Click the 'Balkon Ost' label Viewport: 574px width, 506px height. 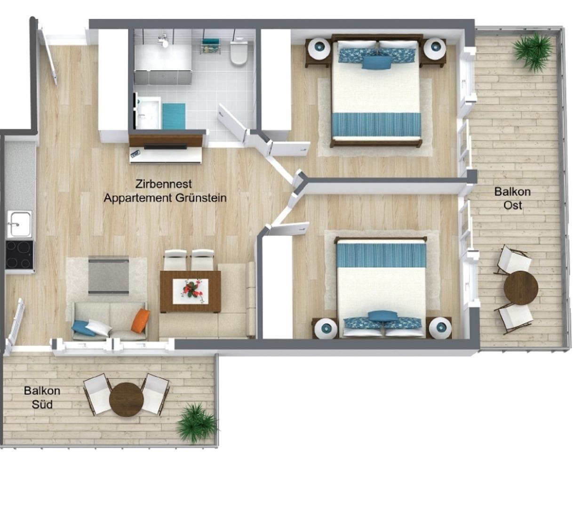pos(512,198)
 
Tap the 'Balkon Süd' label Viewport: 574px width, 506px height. pos(42,397)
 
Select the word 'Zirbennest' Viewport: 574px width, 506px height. pos(163,184)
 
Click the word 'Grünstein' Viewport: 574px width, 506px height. pos(201,198)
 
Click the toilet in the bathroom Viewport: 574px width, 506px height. pos(239,52)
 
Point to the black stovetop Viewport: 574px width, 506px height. pos(19,255)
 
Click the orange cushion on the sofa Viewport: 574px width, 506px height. pos(141,320)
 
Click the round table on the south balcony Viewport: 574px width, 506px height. pos(126,400)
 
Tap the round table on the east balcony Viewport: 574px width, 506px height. pos(521,288)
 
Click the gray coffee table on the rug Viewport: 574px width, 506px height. pos(109,275)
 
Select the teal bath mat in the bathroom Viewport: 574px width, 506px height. pos(174,116)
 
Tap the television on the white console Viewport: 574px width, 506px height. pos(166,147)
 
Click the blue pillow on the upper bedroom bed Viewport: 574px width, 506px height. pos(377,63)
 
